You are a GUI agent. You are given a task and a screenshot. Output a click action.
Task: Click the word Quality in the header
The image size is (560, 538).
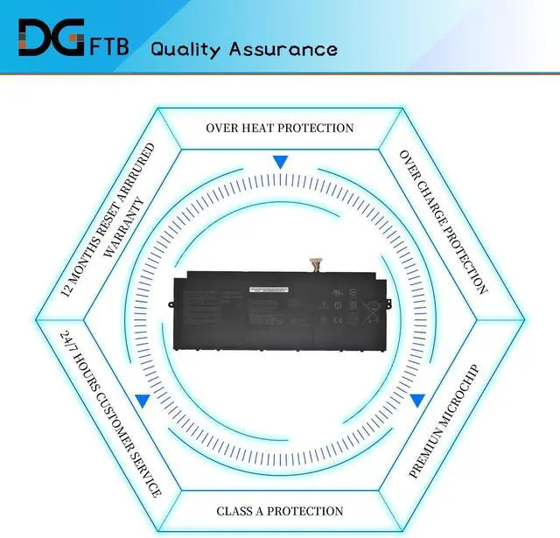[186, 48]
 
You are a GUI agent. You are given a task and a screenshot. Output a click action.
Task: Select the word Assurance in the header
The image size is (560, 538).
[283, 48]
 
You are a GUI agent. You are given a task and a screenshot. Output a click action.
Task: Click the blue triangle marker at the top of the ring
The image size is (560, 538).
[280, 162]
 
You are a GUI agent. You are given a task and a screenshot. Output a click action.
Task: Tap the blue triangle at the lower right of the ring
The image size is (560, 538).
[417, 401]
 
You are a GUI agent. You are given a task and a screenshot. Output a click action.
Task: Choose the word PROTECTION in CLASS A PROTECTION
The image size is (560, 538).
[307, 511]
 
